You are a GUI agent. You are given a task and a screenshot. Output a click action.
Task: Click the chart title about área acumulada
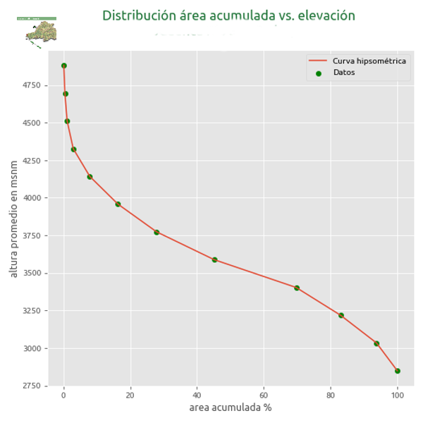(x=228, y=16)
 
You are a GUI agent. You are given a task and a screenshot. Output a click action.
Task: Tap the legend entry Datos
(x=344, y=73)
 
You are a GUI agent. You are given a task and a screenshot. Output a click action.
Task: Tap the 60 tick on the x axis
(x=264, y=395)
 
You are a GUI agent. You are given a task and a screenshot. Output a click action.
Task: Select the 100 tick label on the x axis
(x=398, y=395)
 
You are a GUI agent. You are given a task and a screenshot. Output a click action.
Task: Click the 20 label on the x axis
(x=130, y=395)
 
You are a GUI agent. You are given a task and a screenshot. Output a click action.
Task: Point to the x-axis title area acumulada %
(x=230, y=407)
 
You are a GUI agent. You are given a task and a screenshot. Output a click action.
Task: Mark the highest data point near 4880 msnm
(x=63, y=66)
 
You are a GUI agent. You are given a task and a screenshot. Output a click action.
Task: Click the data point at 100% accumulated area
(x=398, y=371)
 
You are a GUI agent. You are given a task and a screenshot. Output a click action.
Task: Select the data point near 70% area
(x=297, y=288)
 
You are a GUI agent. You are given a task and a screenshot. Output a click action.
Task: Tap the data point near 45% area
(x=214, y=260)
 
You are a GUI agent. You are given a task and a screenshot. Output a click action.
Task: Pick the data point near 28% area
(x=157, y=232)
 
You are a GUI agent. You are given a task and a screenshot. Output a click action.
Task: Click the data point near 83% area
(x=341, y=315)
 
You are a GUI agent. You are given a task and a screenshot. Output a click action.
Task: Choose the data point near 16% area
(x=118, y=204)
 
